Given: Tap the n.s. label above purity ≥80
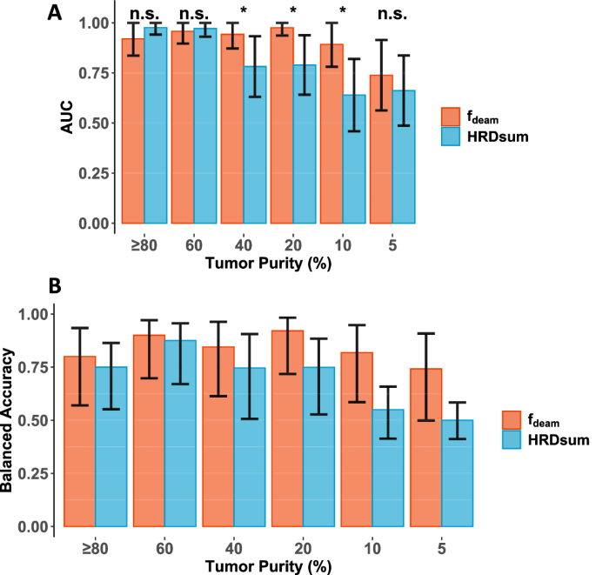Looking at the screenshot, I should click(144, 14).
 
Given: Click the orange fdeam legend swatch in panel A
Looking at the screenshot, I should click(451, 117).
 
